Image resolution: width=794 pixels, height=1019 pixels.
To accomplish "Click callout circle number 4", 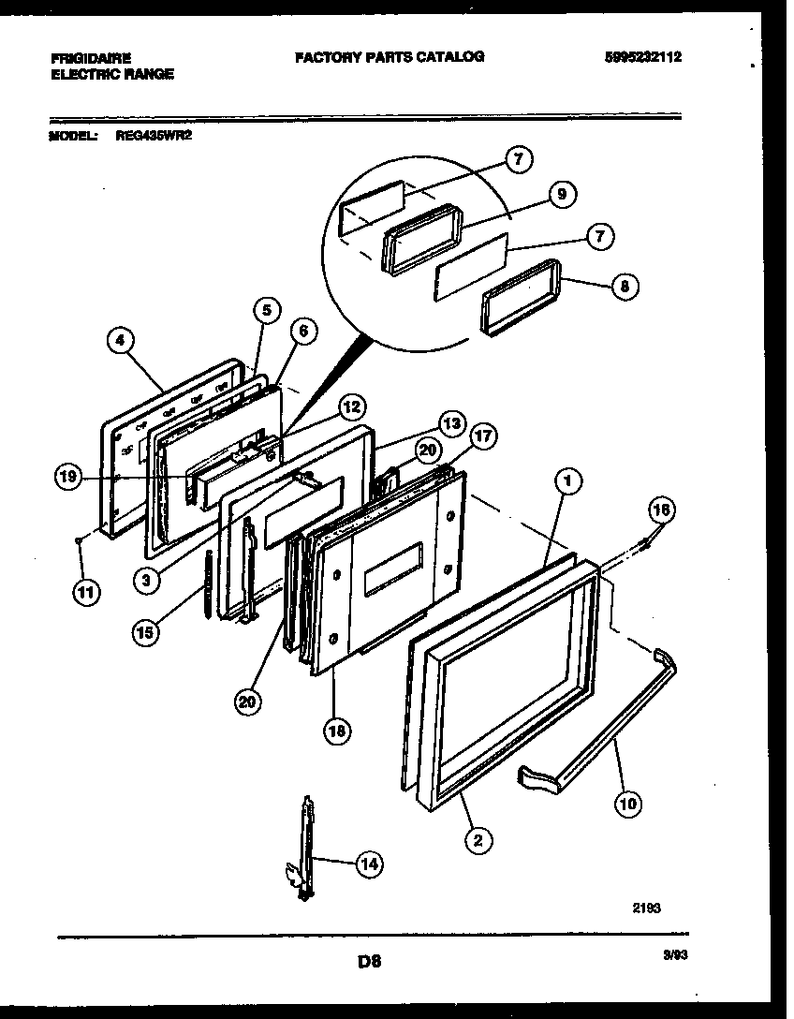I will point(118,342).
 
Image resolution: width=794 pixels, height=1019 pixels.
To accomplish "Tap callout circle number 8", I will point(625,288).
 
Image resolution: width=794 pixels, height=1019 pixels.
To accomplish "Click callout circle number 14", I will point(368,864).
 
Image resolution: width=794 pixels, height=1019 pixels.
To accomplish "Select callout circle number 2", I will point(478,840).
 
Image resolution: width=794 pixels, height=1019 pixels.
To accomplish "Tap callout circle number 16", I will point(662,509).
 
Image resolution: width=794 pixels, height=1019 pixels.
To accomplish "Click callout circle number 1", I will point(566,481).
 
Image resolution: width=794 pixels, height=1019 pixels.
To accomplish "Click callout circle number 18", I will point(333,731).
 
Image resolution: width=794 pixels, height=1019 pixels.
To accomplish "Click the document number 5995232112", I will point(641,57).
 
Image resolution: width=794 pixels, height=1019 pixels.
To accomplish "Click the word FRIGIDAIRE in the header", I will point(91,57).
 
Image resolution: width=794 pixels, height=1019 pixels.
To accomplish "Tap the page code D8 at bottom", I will point(369,960).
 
